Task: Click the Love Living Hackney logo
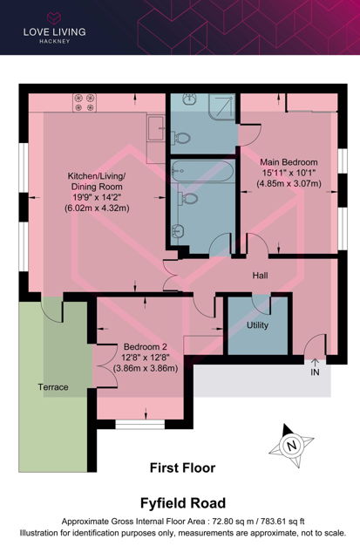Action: [x=54, y=28]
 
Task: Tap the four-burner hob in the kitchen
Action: [x=85, y=103]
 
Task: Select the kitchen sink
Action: [x=156, y=128]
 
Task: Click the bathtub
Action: [x=202, y=171]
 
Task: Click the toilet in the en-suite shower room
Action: [x=180, y=138]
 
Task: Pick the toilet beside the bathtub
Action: [x=187, y=199]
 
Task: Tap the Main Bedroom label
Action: [x=289, y=162]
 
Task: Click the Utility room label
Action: [x=257, y=325]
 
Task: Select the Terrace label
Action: [x=53, y=387]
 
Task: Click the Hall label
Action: [x=260, y=276]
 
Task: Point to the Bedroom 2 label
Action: [x=146, y=347]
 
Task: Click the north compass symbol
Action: [x=291, y=445]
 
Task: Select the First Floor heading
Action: [x=183, y=468]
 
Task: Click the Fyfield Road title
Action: [x=183, y=503]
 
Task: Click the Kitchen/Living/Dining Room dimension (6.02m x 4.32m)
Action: [x=97, y=208]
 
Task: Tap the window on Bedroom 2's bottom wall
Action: [x=139, y=424]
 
